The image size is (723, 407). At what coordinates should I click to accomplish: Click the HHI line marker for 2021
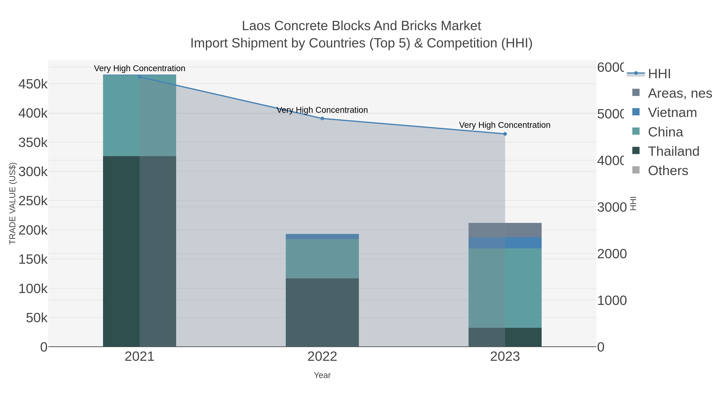tap(140, 77)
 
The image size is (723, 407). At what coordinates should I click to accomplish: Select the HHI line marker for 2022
tap(322, 119)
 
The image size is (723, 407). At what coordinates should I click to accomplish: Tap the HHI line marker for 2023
tap(505, 134)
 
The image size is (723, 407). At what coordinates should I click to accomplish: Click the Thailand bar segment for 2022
tap(322, 312)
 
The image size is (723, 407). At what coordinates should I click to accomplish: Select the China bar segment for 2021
tap(140, 115)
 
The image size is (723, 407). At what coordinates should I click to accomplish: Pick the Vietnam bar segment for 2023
tap(505, 243)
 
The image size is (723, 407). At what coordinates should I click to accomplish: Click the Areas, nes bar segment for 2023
tap(505, 230)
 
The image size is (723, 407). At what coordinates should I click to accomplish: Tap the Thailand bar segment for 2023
tap(505, 337)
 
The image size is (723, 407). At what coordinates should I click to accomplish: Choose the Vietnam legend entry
tap(672, 113)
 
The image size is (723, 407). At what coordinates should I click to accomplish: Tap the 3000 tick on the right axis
tap(612, 207)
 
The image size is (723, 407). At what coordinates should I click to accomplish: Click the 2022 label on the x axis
tap(322, 357)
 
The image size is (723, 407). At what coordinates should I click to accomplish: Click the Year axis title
tap(322, 375)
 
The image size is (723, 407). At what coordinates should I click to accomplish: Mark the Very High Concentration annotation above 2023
tap(505, 125)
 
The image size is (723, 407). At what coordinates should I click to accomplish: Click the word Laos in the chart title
tap(256, 26)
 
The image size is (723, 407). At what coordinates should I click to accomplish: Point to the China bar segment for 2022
tap(322, 259)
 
